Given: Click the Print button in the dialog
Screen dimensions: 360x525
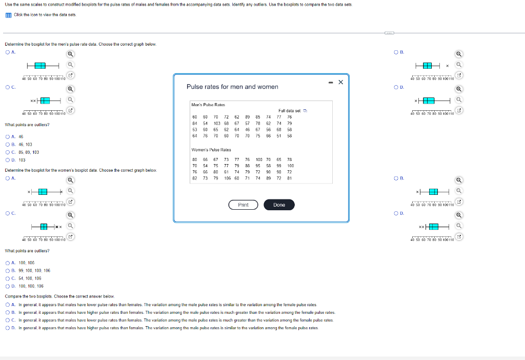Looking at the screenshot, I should pyautogui.click(x=243, y=205).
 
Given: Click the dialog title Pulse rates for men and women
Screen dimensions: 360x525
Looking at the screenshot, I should pyautogui.click(x=232, y=87).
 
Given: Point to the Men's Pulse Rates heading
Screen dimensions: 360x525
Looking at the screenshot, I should pyautogui.click(x=206, y=104).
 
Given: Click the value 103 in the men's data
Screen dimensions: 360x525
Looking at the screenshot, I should pyautogui.click(x=217, y=123).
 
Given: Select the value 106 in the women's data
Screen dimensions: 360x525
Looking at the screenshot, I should pyautogui.click(x=227, y=178).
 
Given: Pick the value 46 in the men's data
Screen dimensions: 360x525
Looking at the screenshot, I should pyautogui.click(x=247, y=130).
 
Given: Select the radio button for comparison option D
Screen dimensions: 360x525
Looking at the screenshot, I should pyautogui.click(x=7, y=328).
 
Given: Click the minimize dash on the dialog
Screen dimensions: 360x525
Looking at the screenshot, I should pyautogui.click(x=331, y=82).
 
